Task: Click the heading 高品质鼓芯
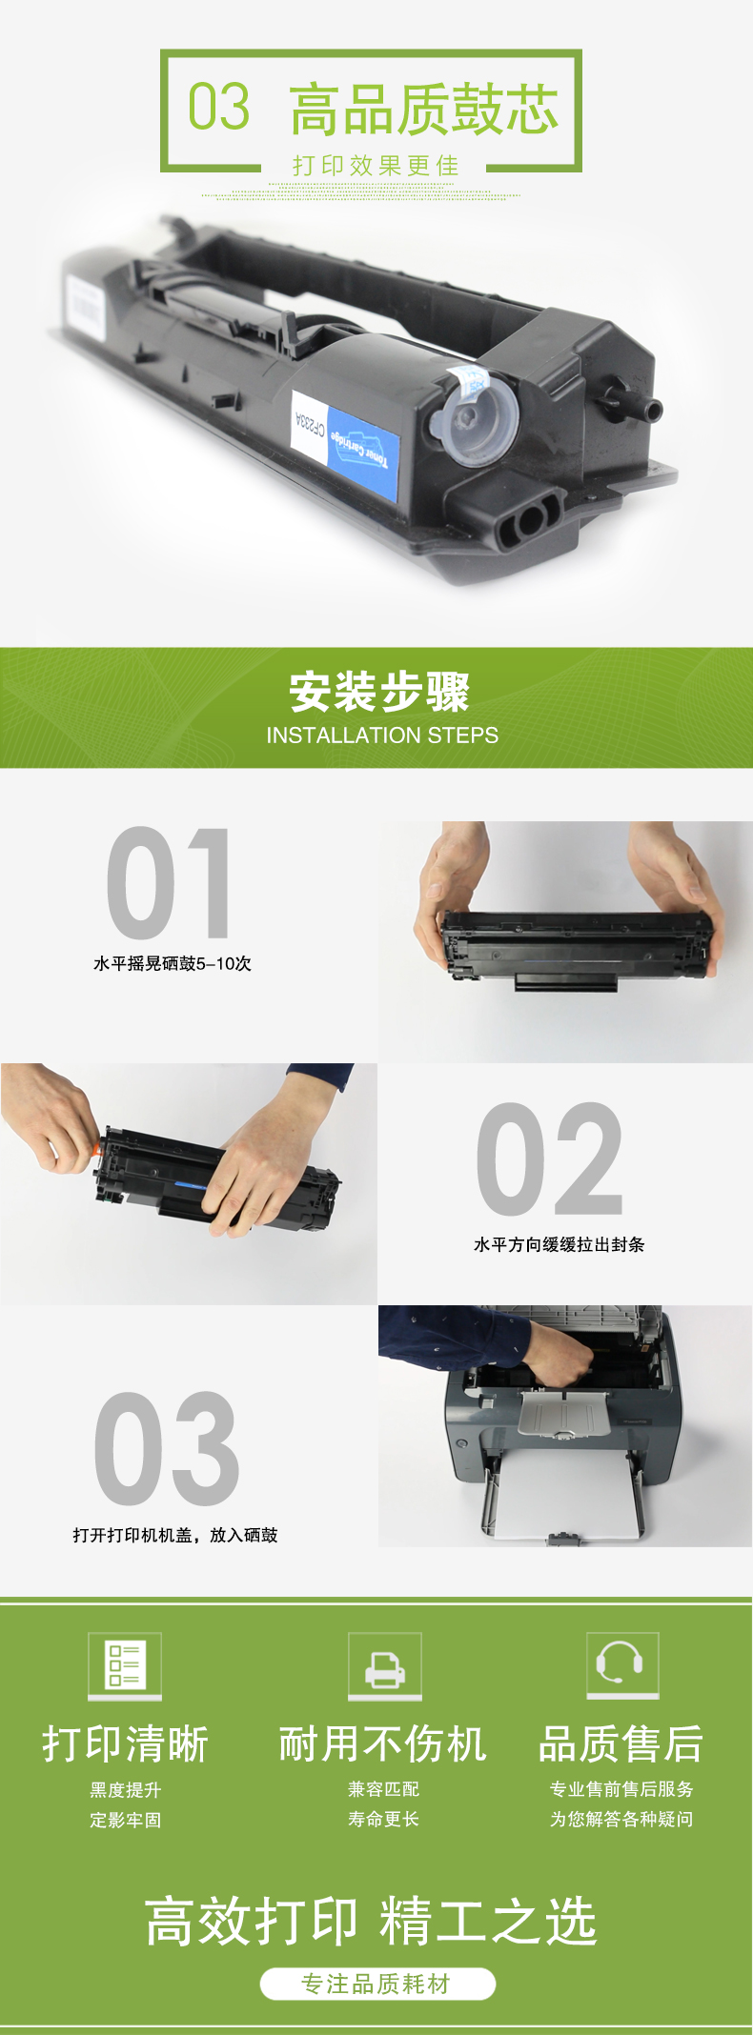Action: [424, 109]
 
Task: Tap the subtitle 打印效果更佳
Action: [376, 166]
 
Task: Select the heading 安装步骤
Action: [379, 692]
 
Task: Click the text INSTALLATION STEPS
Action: [382, 735]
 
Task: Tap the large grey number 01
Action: [169, 883]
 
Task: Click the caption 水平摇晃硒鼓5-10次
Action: [173, 963]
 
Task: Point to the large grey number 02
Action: [549, 1159]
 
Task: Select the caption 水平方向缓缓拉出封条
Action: [560, 1244]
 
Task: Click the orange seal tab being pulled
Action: [97, 1150]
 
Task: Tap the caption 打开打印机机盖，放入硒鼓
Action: [175, 1535]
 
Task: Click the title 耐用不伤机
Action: [383, 1743]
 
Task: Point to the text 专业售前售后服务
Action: [621, 1789]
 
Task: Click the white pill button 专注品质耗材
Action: [377, 1984]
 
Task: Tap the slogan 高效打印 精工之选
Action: [371, 1921]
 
